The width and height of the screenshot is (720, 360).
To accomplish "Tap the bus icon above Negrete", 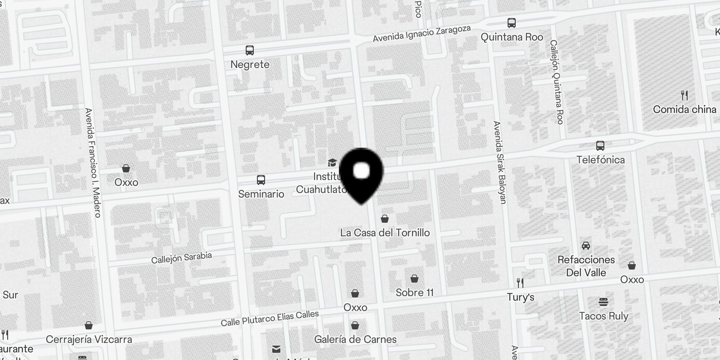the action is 250,50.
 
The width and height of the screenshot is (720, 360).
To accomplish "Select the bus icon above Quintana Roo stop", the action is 512,23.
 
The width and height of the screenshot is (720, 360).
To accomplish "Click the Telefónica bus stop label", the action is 600,160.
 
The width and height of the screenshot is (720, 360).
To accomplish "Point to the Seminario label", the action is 261,194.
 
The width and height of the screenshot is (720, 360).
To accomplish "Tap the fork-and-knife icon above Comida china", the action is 684,95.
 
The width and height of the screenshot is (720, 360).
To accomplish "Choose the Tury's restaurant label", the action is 521,297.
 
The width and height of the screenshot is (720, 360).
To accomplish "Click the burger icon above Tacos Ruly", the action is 603,301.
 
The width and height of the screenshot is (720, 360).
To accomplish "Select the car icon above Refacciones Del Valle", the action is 586,246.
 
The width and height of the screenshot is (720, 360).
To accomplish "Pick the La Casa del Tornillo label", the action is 385,233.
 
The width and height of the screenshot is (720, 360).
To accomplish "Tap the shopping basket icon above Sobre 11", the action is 414,279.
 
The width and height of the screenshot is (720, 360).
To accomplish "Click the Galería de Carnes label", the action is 355,339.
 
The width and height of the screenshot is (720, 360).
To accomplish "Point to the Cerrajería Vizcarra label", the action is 89,339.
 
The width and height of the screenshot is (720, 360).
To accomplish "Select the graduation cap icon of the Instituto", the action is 332,162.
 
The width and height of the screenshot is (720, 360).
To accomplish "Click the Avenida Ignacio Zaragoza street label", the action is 421,34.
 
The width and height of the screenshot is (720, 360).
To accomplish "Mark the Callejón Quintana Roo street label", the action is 557,82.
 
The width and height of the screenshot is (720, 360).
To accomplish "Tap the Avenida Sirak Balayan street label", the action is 499,162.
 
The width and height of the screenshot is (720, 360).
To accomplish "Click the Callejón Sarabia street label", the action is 181,258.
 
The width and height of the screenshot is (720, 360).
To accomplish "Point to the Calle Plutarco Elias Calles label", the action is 270,318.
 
